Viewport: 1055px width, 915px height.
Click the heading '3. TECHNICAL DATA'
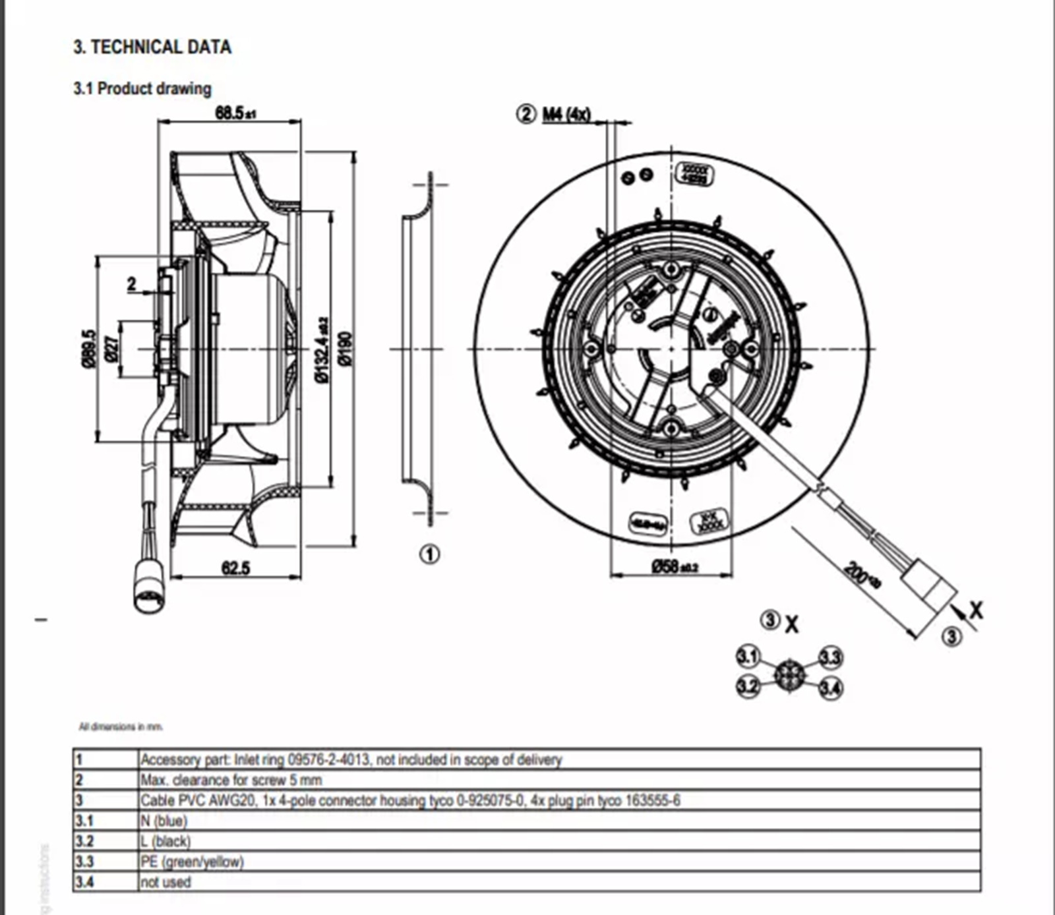pyautogui.click(x=152, y=47)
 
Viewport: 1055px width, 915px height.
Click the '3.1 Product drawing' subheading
pyautogui.click(x=142, y=88)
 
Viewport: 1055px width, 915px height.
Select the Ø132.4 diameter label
pyautogui.click(x=322, y=349)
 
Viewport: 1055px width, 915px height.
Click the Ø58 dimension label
pyautogui.click(x=674, y=566)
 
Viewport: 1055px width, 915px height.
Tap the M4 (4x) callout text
pyautogui.click(x=566, y=114)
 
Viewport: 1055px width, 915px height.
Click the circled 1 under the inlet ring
pyautogui.click(x=430, y=554)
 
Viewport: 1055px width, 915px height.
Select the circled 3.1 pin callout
pyautogui.click(x=748, y=657)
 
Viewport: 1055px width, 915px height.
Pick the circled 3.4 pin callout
pyautogui.click(x=831, y=689)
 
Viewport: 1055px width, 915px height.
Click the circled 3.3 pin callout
pyautogui.click(x=831, y=657)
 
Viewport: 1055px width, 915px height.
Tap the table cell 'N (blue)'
pyautogui.click(x=164, y=821)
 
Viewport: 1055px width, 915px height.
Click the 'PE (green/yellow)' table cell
pyautogui.click(x=192, y=862)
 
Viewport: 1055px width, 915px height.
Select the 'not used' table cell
pyautogui.click(x=166, y=882)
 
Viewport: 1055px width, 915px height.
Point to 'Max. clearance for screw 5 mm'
pyautogui.click(x=231, y=780)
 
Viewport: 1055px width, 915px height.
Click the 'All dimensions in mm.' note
pyautogui.click(x=121, y=727)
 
